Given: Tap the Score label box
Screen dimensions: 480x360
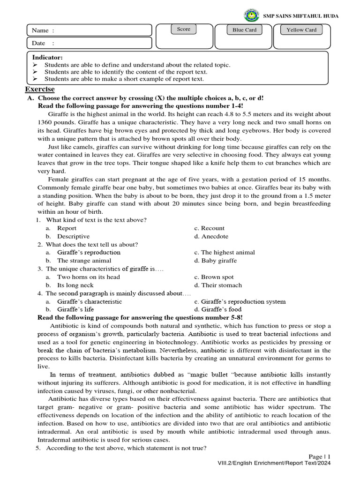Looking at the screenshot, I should [x=184, y=29].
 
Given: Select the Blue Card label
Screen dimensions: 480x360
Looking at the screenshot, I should [x=245, y=30].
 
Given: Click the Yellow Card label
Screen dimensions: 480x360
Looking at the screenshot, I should [x=301, y=30].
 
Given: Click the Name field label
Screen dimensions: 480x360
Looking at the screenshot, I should [x=43, y=30].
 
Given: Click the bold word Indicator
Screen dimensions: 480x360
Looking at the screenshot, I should [x=47, y=57].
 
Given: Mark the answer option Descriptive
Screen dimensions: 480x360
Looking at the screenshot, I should [x=73, y=236].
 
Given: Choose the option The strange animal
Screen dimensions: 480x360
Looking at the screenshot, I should [x=84, y=260].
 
